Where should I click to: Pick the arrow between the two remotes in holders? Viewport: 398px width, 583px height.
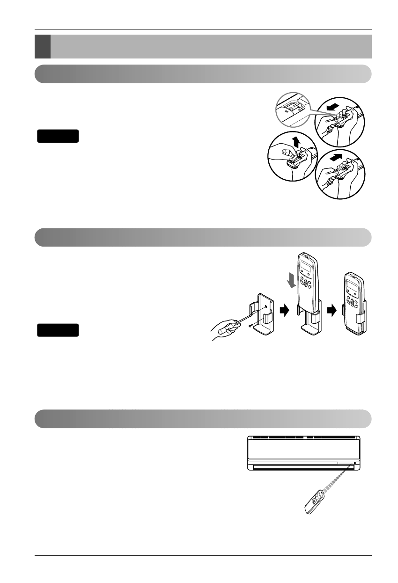point(331,309)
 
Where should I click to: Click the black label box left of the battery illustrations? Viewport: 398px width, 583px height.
point(58,136)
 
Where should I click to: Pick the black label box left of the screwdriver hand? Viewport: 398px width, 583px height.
point(58,330)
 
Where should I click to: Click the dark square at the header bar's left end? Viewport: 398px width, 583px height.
point(43,46)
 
